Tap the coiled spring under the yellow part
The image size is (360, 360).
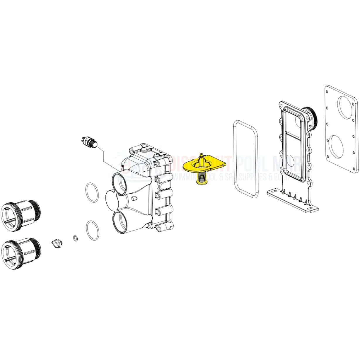(201, 177)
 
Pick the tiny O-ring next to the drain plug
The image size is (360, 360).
(76, 238)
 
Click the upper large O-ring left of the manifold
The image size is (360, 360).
(92, 192)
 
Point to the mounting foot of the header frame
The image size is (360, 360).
(293, 202)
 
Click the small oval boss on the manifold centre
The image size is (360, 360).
(134, 198)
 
